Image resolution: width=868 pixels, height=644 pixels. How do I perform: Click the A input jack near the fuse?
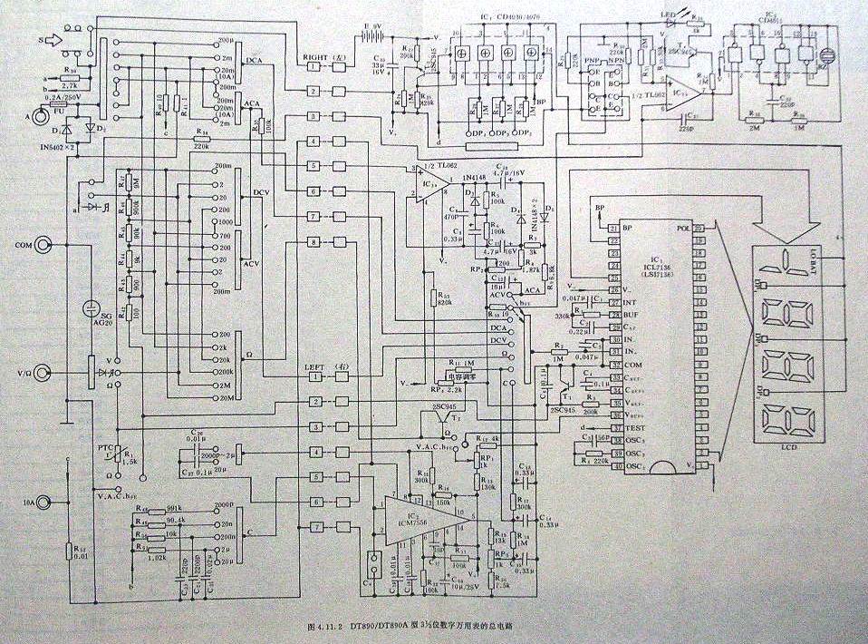pyautogui.click(x=40, y=117)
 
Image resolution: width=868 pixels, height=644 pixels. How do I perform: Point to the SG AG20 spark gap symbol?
pyautogui.click(x=91, y=312)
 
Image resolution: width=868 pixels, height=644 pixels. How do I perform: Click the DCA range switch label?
pyautogui.click(x=254, y=60)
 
